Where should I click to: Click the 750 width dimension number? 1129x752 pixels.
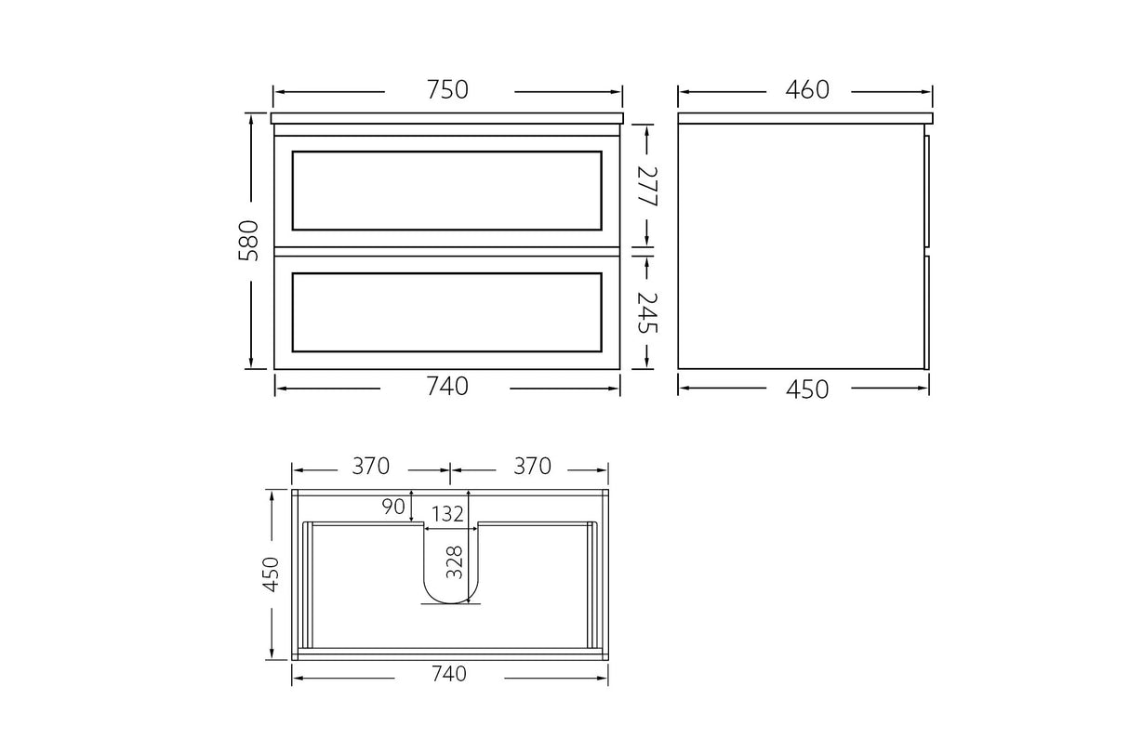[447, 90]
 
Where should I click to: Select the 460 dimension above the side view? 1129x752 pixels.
[805, 90]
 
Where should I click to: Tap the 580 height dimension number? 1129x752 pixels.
[249, 240]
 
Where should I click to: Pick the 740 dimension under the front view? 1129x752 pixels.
[447, 387]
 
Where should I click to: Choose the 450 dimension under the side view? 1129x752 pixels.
[805, 389]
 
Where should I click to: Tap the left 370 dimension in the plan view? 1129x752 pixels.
[370, 466]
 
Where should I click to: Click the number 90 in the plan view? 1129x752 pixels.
[393, 507]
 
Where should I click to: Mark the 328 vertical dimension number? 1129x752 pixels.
[454, 562]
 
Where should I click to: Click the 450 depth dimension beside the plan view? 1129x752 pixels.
[271, 574]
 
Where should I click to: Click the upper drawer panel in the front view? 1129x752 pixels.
[447, 190]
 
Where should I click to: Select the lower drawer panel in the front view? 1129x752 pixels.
[447, 312]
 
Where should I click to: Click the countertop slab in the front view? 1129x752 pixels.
[447, 119]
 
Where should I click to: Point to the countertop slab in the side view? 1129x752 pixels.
[804, 119]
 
